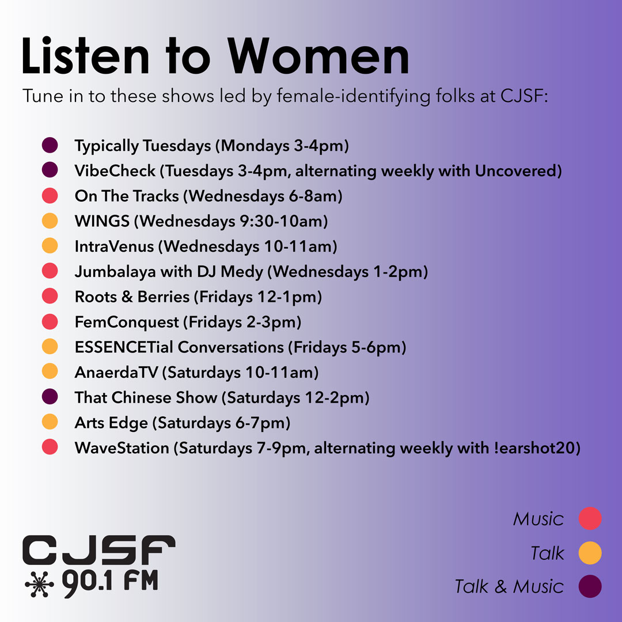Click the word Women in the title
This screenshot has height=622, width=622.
tap(318, 56)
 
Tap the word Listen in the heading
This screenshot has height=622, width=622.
tap(85, 55)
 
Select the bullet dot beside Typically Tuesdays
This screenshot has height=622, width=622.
tap(50, 145)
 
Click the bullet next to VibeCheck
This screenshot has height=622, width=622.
tap(50, 170)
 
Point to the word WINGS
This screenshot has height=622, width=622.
tap(102, 221)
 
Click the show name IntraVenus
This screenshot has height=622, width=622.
tap(114, 246)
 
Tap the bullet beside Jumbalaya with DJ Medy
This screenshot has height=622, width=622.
tap(50, 271)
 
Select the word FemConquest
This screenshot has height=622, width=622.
tap(127, 322)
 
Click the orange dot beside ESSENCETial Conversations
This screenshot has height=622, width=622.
tap(50, 346)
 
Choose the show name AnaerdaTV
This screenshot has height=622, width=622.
tap(116, 372)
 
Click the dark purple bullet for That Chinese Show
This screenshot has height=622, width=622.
tap(50, 396)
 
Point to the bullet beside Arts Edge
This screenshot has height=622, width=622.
tap(50, 422)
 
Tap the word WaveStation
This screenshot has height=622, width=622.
tap(122, 448)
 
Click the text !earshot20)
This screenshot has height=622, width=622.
tap(537, 448)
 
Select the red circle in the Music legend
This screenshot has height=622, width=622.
tap(590, 518)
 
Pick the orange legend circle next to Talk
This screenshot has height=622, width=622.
tap(590, 552)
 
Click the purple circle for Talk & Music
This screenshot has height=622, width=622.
tap(590, 586)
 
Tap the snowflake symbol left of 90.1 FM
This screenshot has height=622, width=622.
tap(39, 584)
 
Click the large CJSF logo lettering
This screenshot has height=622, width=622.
tap(99, 549)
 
